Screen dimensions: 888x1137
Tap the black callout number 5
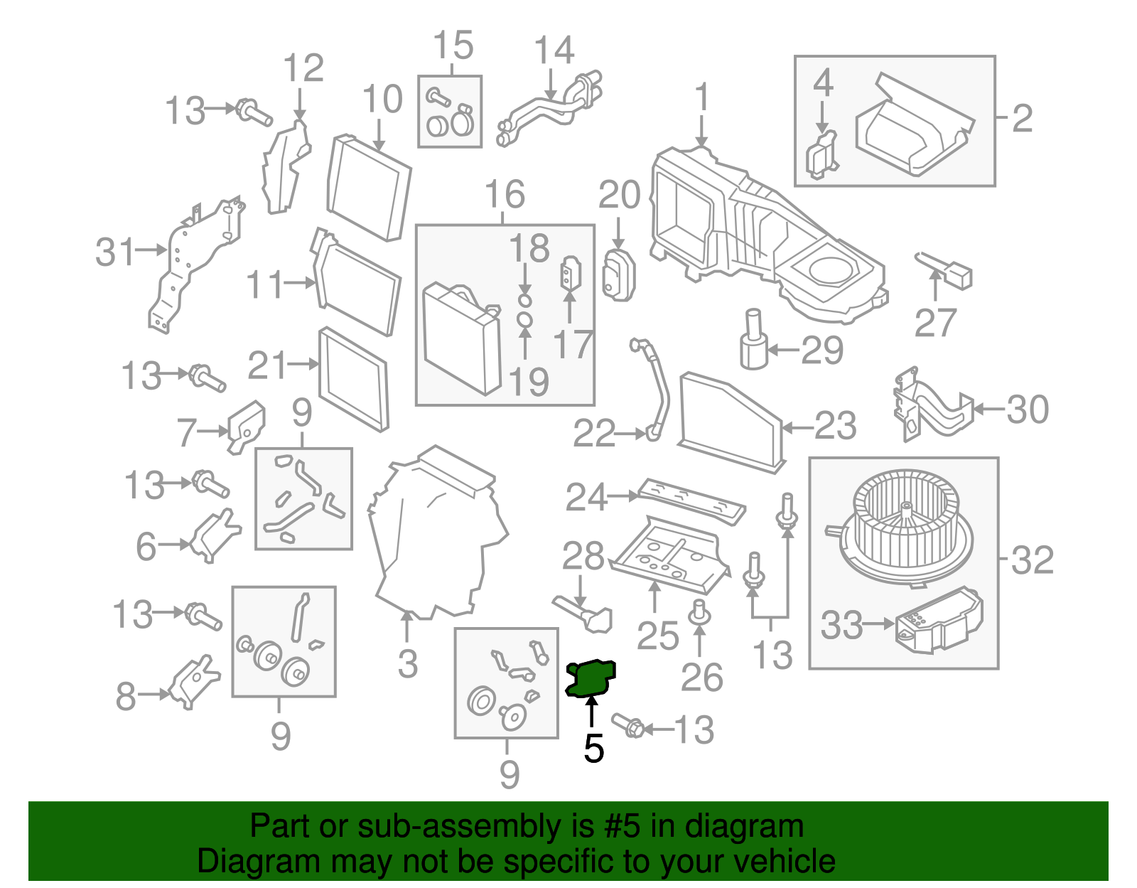tap(593, 749)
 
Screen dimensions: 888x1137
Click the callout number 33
tap(841, 626)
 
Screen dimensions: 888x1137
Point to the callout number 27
tap(935, 323)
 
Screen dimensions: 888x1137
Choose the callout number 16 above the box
tap(505, 194)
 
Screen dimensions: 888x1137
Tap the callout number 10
tap(382, 100)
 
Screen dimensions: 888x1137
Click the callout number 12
tap(303, 69)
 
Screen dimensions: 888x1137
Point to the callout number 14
tap(554, 51)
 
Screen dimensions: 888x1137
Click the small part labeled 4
tap(821, 154)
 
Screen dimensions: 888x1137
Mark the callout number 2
tap(1021, 118)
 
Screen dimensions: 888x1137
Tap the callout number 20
tap(619, 195)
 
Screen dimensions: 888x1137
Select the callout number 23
tap(835, 427)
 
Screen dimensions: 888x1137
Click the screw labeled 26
tap(700, 613)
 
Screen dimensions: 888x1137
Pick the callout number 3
tap(407, 664)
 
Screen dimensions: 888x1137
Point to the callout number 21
tap(267, 366)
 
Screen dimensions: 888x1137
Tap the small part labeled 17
tap(571, 273)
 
